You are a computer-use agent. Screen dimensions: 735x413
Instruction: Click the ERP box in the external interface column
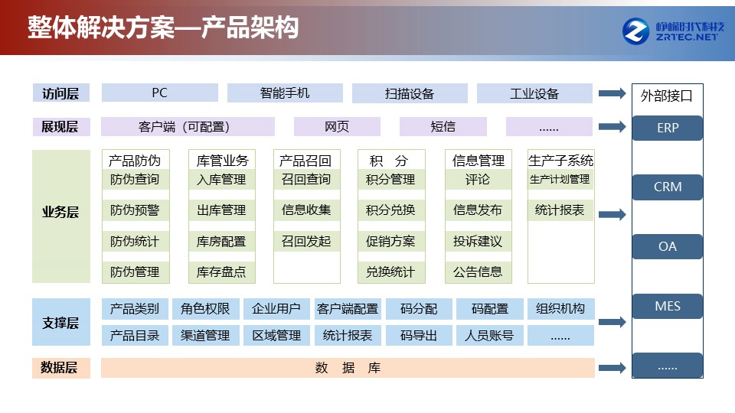click(x=667, y=128)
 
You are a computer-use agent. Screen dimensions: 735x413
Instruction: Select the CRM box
click(x=667, y=187)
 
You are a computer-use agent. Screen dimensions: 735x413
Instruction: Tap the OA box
click(x=667, y=246)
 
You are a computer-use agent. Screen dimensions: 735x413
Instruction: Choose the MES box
click(x=667, y=306)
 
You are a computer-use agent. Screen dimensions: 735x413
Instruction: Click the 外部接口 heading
click(x=666, y=96)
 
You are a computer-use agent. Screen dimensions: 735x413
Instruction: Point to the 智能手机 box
click(x=285, y=93)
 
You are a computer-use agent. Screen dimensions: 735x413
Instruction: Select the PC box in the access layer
click(x=160, y=93)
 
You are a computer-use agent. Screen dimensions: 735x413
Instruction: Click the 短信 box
click(x=443, y=126)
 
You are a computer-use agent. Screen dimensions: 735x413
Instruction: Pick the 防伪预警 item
click(x=135, y=210)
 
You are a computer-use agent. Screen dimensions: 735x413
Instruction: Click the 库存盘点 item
click(x=221, y=272)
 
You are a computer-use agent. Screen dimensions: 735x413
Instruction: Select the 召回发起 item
click(x=306, y=241)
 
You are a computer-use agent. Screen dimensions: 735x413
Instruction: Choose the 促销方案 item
click(x=391, y=241)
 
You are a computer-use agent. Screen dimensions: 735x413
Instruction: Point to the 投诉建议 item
click(x=478, y=241)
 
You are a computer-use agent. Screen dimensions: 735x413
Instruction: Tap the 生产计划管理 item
click(x=560, y=179)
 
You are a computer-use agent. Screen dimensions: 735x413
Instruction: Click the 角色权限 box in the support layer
click(x=206, y=308)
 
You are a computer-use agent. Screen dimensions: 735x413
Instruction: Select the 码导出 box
click(x=419, y=336)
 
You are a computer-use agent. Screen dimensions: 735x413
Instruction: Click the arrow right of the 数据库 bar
click(x=612, y=368)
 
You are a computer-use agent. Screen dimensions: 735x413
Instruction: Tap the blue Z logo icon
click(x=635, y=31)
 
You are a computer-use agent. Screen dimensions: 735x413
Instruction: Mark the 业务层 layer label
click(x=61, y=212)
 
